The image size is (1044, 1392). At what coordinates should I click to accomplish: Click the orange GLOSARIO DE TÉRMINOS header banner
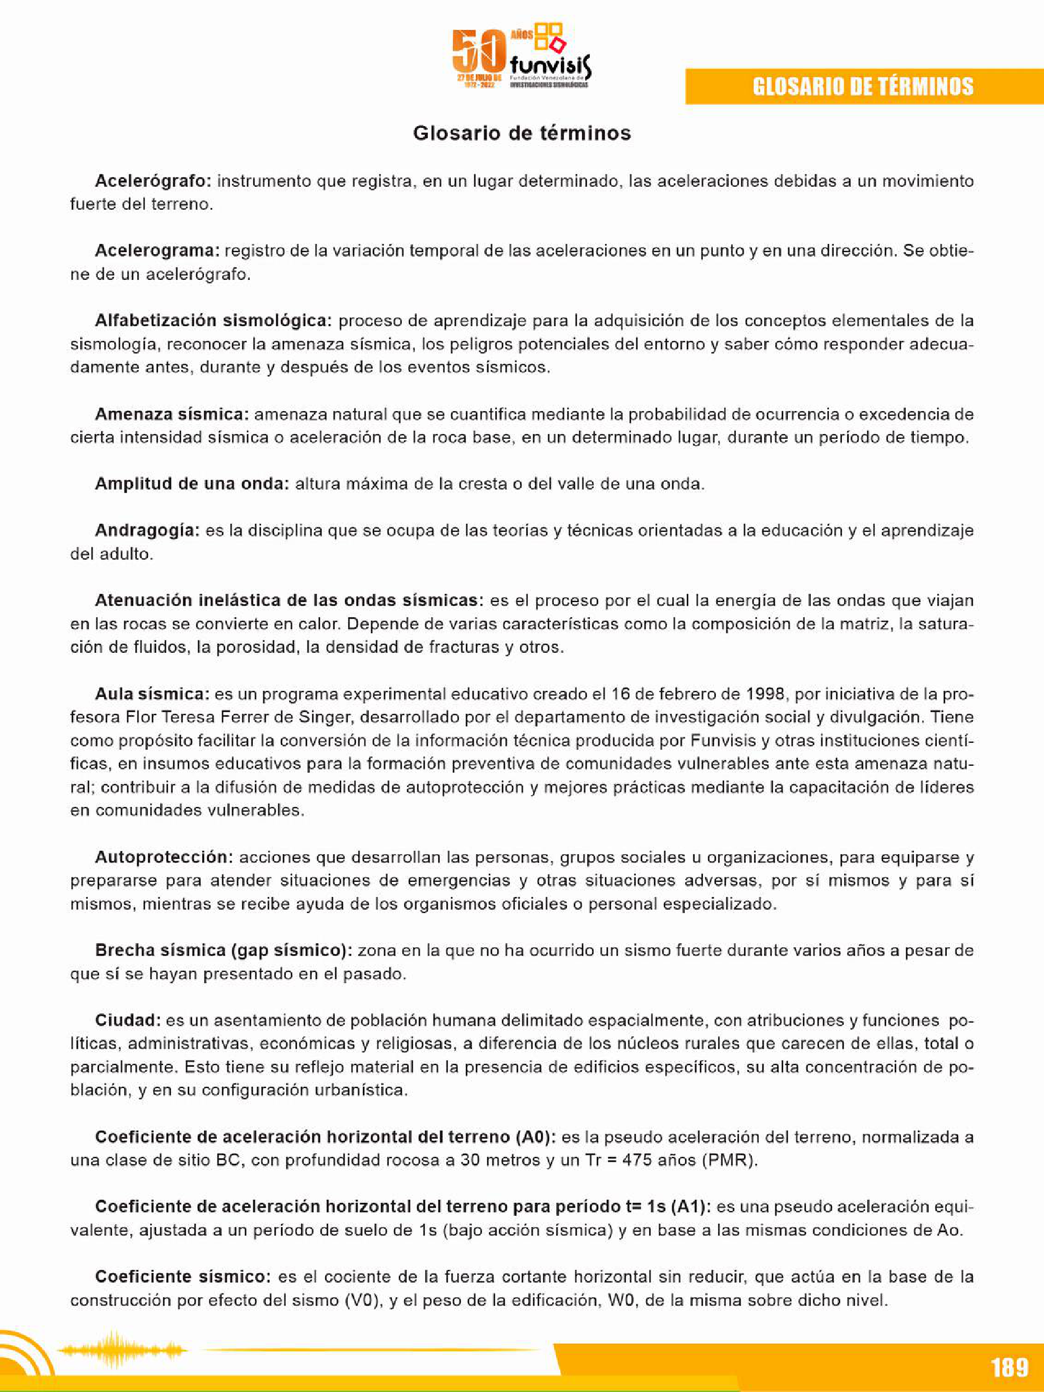(863, 86)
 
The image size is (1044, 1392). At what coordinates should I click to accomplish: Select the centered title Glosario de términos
(521, 133)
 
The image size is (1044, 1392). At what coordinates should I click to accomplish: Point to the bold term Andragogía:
(147, 531)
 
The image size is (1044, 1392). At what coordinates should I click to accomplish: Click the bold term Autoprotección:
(164, 857)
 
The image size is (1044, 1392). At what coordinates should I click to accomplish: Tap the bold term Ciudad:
(128, 1020)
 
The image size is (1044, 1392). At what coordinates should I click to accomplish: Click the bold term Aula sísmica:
(151, 694)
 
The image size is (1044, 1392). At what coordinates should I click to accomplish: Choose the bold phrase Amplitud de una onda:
(192, 484)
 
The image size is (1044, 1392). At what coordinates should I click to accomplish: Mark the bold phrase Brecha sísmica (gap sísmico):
(223, 950)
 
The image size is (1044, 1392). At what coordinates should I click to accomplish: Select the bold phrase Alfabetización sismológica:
(213, 321)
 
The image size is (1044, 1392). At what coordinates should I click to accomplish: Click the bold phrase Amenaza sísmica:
(172, 414)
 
